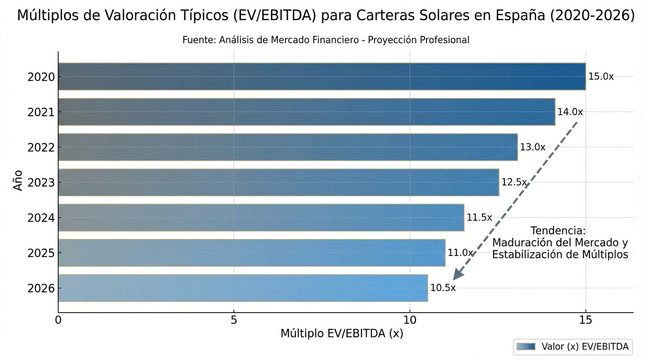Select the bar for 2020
(322, 76)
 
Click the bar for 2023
(278, 182)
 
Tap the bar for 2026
(243, 288)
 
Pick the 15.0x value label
(600, 76)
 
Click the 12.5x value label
(514, 182)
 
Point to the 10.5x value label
(442, 288)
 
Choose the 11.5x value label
(479, 217)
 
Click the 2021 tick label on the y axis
(41, 112)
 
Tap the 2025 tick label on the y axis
(41, 253)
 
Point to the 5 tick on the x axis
(234, 320)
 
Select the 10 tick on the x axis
(410, 320)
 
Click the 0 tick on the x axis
(58, 320)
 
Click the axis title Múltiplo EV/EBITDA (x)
(342, 333)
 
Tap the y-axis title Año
(18, 180)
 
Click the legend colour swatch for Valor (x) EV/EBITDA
(526, 347)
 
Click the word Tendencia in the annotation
(558, 231)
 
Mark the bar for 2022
(288, 147)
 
